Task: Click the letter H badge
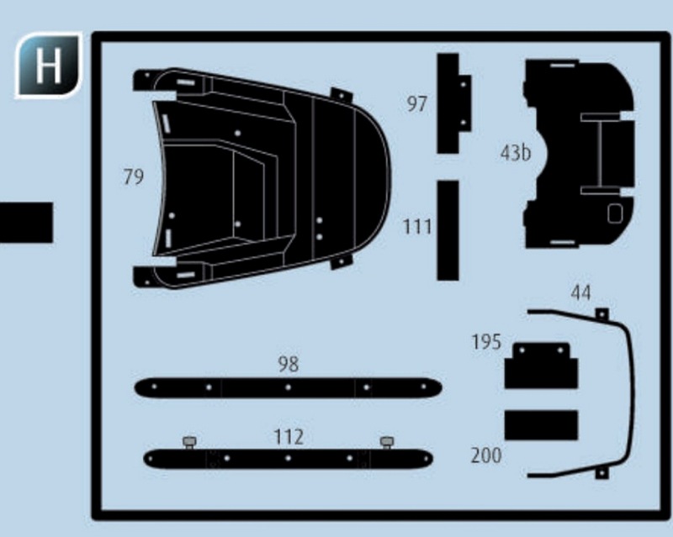49,66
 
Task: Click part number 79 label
134,176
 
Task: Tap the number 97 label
416,104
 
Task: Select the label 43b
516,153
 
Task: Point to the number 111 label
417,226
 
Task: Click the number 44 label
580,292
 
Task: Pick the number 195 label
486,342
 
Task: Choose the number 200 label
486,455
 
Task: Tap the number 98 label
289,364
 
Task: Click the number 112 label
289,437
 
